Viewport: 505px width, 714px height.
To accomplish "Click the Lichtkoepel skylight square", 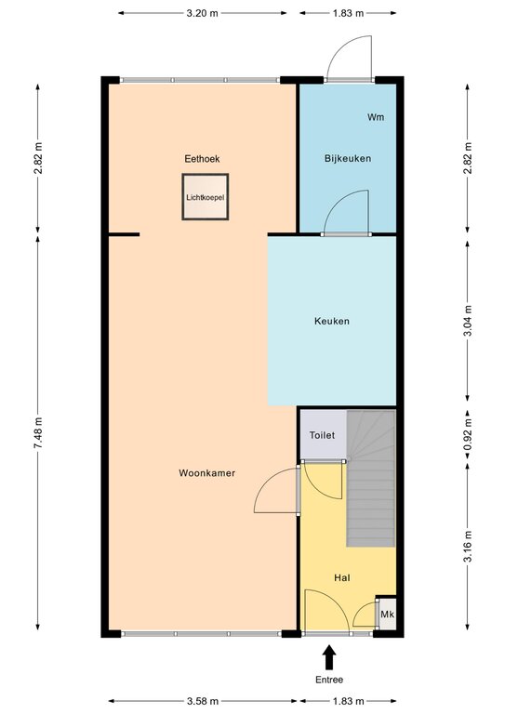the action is [205, 197].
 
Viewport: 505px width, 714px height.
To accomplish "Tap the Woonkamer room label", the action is [206, 473].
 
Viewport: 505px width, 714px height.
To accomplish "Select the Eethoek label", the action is [202, 158].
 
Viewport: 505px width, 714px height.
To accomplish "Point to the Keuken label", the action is [332, 321].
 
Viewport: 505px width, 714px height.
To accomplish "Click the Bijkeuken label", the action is [348, 158].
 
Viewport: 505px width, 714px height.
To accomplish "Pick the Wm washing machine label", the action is [376, 117].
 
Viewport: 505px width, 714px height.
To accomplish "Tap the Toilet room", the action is [324, 435].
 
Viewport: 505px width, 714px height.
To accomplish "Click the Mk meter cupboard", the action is [387, 615].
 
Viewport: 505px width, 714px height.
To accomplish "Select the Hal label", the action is [342, 578].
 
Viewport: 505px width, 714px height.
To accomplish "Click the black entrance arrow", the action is [329, 657].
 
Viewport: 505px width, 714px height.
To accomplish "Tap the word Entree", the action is [329, 680].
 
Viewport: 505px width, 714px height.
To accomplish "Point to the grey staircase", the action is [371, 478].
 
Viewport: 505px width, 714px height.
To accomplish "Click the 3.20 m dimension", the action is [202, 13].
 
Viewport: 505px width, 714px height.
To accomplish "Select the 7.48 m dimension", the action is [38, 432].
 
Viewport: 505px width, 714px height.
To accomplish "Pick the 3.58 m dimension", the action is [203, 701].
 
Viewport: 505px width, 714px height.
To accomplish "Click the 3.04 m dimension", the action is [467, 321].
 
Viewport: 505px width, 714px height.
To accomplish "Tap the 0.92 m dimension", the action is [467, 435].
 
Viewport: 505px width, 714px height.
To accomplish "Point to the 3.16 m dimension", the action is [467, 547].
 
